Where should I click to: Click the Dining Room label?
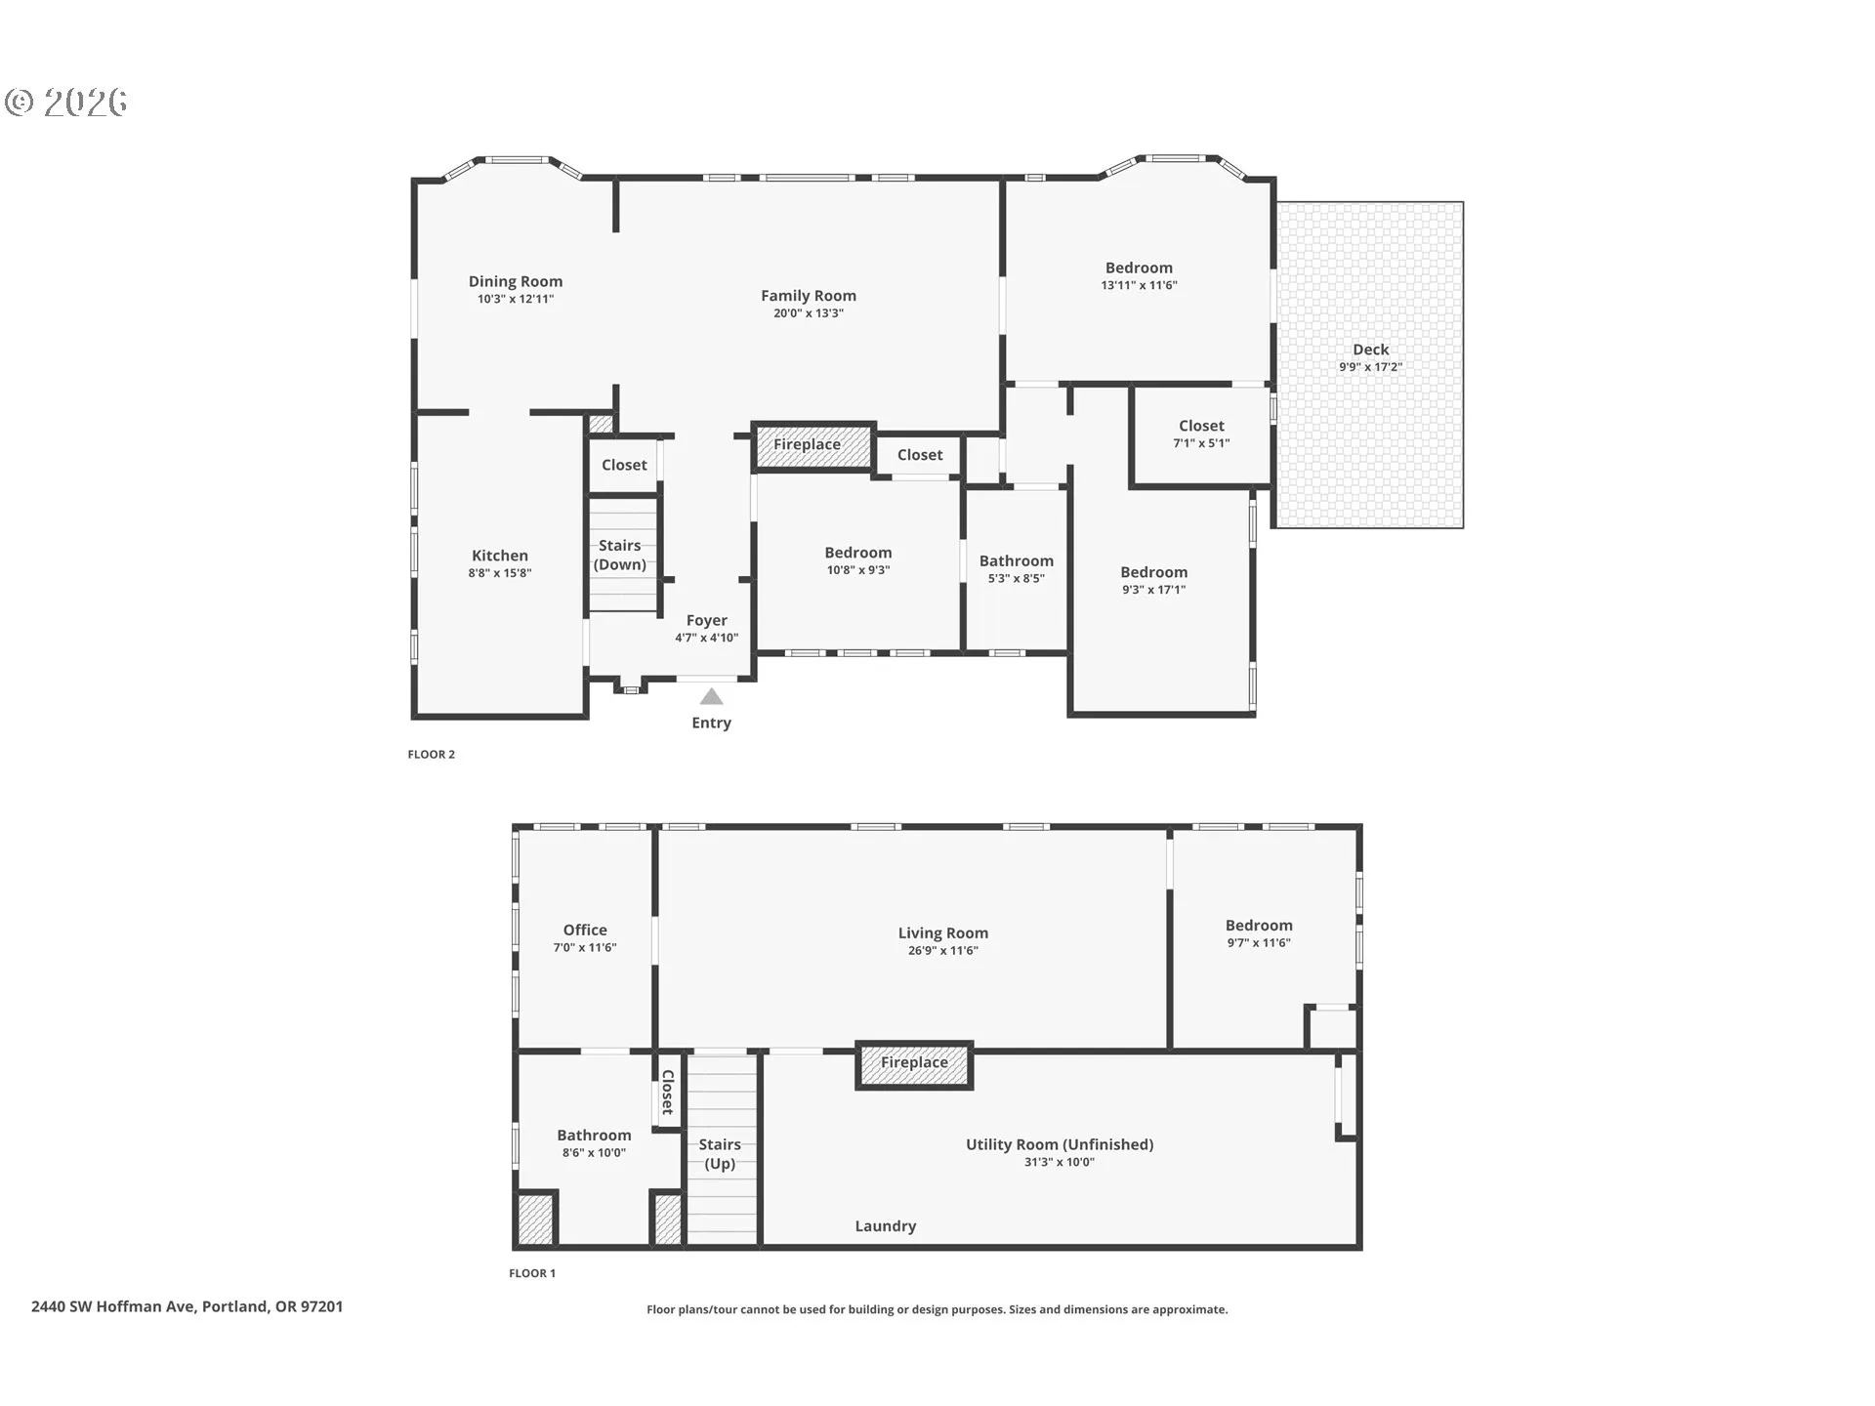click(516, 281)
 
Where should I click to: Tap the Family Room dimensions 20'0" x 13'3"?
click(809, 313)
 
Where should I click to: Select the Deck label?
click(1371, 350)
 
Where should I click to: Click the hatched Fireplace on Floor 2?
click(812, 446)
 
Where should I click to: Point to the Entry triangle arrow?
click(711, 696)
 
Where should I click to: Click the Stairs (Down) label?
click(620, 555)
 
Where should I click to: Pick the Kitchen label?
click(500, 556)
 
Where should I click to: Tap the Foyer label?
click(707, 620)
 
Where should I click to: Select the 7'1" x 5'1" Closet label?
click(1201, 426)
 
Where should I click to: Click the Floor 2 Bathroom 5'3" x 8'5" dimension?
click(1017, 579)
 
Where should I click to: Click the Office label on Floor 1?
click(585, 930)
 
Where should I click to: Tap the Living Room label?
click(943, 933)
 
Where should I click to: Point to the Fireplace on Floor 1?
click(914, 1064)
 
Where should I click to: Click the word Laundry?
click(886, 1226)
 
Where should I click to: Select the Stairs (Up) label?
click(720, 1154)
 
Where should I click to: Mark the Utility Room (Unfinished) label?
click(1060, 1144)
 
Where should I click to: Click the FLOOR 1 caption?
click(532, 1273)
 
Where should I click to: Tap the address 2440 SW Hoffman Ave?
click(113, 1306)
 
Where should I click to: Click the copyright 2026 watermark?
click(66, 102)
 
